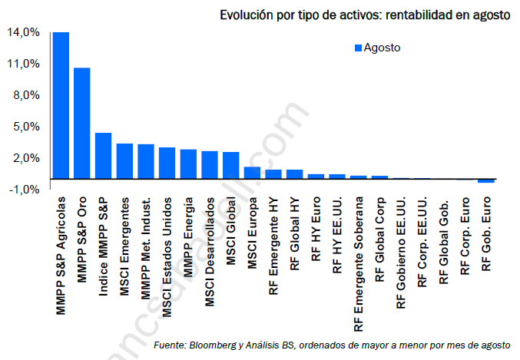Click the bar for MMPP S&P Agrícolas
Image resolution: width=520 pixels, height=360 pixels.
pos(61,105)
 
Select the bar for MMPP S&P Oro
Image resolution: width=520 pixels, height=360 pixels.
pos(82,124)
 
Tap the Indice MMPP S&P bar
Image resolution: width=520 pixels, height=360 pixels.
pos(104,156)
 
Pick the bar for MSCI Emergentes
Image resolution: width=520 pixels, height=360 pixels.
pos(124,161)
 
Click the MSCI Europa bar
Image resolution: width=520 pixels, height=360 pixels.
pos(252,173)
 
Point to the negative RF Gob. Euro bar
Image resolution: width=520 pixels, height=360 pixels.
pos(486,181)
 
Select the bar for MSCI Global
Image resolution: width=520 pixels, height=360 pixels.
pos(231,165)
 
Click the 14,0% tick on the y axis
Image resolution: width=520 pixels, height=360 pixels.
pos(23,32)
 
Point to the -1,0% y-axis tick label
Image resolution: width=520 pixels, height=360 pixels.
pos(25,190)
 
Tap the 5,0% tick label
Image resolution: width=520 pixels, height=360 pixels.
pos(27,127)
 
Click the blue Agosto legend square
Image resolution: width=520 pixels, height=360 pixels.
pos(358,48)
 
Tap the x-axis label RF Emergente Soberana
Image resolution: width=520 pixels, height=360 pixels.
pos(359,264)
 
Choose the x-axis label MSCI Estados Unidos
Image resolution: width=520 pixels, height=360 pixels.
pos(167,257)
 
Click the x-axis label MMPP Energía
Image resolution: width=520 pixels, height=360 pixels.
pos(188,237)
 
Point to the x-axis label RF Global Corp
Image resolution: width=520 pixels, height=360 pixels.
pos(379,239)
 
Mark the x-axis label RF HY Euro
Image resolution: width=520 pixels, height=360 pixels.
pos(316,229)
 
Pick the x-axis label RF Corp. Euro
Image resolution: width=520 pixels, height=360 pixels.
pos(465,236)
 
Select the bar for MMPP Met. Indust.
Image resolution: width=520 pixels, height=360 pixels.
pos(146,161)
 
